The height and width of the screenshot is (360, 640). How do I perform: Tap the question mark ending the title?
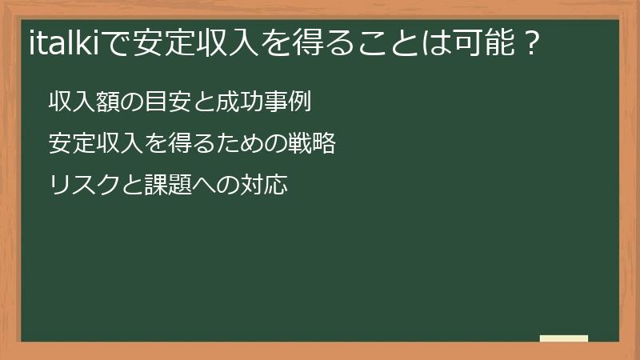[527, 42]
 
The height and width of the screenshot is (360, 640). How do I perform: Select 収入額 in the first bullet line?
[82, 102]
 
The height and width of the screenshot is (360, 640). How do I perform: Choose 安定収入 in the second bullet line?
[94, 144]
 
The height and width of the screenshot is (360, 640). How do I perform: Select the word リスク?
[82, 186]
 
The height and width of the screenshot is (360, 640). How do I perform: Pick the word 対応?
[263, 186]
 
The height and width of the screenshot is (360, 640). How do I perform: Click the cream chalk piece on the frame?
[564, 338]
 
